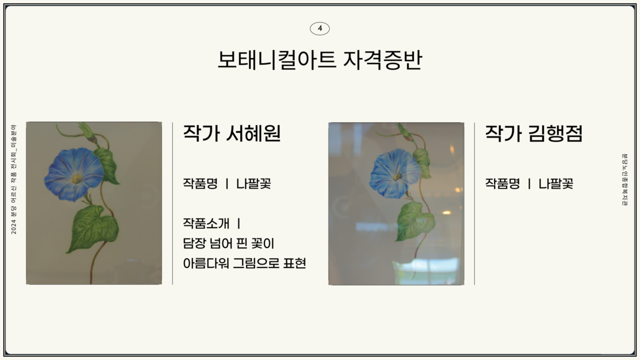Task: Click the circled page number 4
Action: [320, 28]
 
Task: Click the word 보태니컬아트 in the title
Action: [276, 60]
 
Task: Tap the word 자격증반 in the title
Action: [382, 60]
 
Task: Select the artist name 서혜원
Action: [253, 133]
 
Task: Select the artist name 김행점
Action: [555, 133]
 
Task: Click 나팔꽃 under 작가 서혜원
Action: [253, 183]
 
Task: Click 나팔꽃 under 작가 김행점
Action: [556, 183]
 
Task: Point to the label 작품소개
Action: [206, 223]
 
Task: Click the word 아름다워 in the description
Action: [206, 263]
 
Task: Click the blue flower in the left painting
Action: [74, 174]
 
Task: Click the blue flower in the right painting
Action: [395, 173]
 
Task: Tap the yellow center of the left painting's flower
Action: [77, 179]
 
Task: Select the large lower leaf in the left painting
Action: [93, 227]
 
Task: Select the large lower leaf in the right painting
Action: [416, 221]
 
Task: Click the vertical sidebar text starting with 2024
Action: [14, 179]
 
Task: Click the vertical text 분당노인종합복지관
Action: [625, 180]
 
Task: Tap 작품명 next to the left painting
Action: [200, 183]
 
